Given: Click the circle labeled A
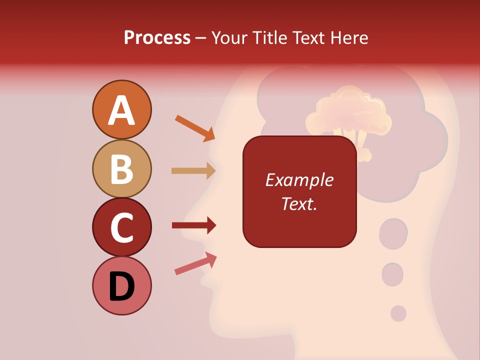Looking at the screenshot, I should (121, 109).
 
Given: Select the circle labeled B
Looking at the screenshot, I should (121, 168).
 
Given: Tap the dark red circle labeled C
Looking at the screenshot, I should (121, 227).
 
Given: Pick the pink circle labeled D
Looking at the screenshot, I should (121, 285).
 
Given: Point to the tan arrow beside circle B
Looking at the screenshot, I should (193, 171).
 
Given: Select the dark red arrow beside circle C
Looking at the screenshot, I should (193, 225).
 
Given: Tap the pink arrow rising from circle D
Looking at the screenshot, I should (195, 263).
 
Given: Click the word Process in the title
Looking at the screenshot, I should (157, 37).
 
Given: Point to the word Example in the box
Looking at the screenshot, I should (299, 180).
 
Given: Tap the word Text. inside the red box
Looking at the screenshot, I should (299, 203).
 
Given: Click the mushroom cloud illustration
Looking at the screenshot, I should (348, 117).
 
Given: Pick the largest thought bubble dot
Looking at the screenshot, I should (393, 233).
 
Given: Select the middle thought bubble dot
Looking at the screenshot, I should (392, 274).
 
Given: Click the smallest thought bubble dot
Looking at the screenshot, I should (398, 313).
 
